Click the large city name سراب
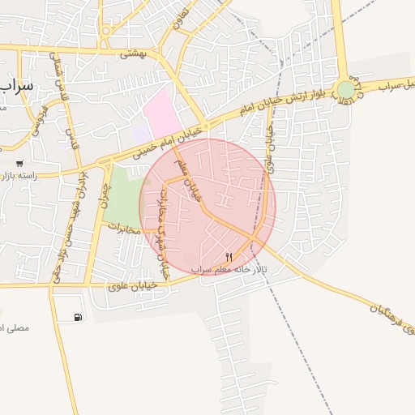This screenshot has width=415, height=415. coord(16,84)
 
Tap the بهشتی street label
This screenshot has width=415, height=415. coord(130,54)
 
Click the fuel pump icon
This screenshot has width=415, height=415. coord(77,317)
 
